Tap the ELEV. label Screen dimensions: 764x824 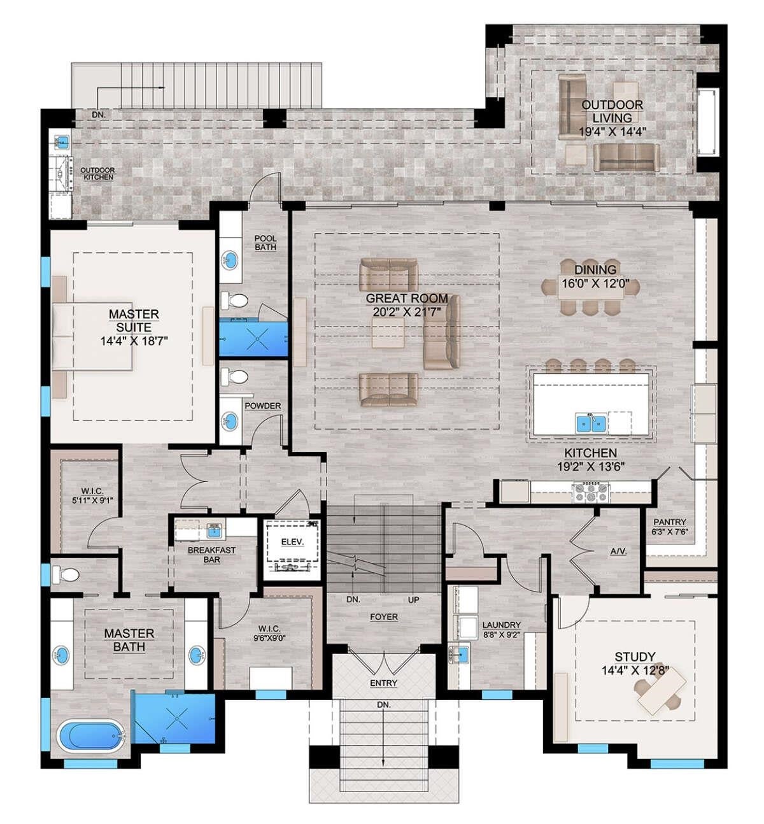pyautogui.click(x=292, y=542)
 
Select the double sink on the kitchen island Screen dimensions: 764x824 pyautogui.click(x=591, y=422)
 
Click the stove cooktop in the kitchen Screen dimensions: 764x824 pyautogui.click(x=591, y=492)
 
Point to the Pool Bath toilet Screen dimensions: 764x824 pyautogui.click(x=234, y=299)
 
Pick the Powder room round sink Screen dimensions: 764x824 pyautogui.click(x=229, y=421)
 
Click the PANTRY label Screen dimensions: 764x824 pyautogui.click(x=669, y=522)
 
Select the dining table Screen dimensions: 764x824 pyautogui.click(x=591, y=286)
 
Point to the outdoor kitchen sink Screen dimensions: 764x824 pyautogui.click(x=62, y=140)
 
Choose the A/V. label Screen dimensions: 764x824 pyautogui.click(x=618, y=551)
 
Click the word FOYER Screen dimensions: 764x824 pyautogui.click(x=384, y=617)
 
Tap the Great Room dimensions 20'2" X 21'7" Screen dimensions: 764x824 pyautogui.click(x=406, y=311)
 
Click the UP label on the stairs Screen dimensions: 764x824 pyautogui.click(x=413, y=600)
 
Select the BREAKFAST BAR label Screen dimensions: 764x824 pyautogui.click(x=211, y=554)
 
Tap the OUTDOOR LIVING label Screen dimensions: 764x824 pyautogui.click(x=612, y=111)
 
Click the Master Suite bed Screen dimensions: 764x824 pyautogui.click(x=92, y=336)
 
